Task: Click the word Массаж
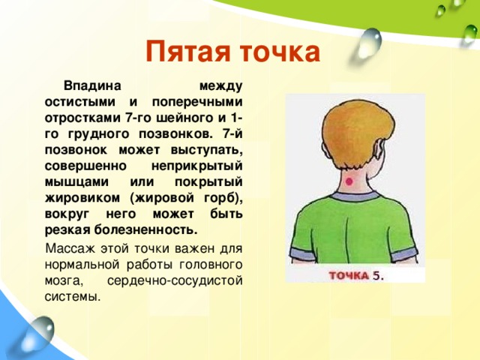click(x=71, y=248)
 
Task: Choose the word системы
click(x=71, y=296)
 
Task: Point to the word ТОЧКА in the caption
click(x=349, y=275)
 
